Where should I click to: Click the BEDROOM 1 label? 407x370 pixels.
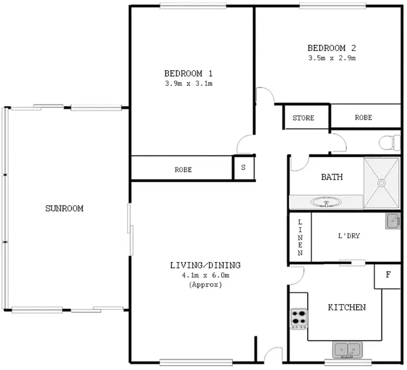pos(188,73)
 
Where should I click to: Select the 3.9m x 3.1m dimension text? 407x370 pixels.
pos(188,84)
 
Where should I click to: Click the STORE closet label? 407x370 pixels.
pos(303,118)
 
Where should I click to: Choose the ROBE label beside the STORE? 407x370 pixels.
pos(364,118)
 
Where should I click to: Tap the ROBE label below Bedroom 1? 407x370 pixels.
pos(183,169)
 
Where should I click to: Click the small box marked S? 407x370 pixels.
pos(243,168)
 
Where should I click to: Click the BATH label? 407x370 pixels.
pos(332,177)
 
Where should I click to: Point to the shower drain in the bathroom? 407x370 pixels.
pos(381,183)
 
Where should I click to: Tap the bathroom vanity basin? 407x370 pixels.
pos(326,203)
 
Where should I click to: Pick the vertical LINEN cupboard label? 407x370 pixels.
pos(299,237)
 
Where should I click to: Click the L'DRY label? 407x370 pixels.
pos(349,236)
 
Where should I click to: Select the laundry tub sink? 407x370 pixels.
pos(393,221)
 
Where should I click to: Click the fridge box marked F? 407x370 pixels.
pos(388,275)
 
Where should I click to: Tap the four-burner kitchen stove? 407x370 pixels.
pos(298,319)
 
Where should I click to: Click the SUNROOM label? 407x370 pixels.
pos(64,208)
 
